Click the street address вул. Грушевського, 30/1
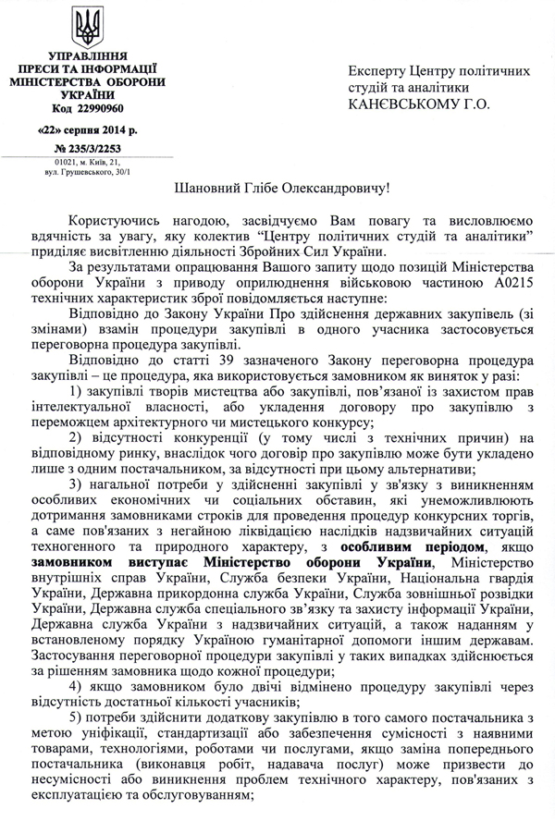(87, 172)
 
